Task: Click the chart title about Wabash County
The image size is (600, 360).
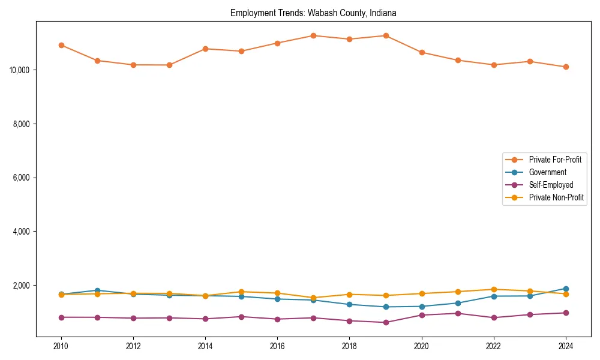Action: point(313,13)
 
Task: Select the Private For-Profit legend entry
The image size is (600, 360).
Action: point(554,160)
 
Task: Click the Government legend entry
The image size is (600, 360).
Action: point(547,172)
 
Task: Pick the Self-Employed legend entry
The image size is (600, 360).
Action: point(551,185)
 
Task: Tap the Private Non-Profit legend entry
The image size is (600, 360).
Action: point(556,197)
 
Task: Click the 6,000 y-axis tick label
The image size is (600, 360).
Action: point(22,178)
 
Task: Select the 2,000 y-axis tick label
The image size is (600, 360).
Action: point(22,286)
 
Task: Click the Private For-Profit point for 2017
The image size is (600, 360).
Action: point(313,35)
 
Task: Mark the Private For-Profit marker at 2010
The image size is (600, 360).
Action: point(61,45)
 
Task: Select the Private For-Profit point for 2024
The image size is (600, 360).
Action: point(566,67)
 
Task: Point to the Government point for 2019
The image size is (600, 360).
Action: point(385,307)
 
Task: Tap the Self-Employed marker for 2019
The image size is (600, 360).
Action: point(385,322)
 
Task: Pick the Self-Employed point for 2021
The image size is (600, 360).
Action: point(458,313)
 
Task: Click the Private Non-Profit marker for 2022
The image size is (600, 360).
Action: point(494,289)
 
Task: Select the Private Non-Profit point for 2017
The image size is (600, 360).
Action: point(313,298)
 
